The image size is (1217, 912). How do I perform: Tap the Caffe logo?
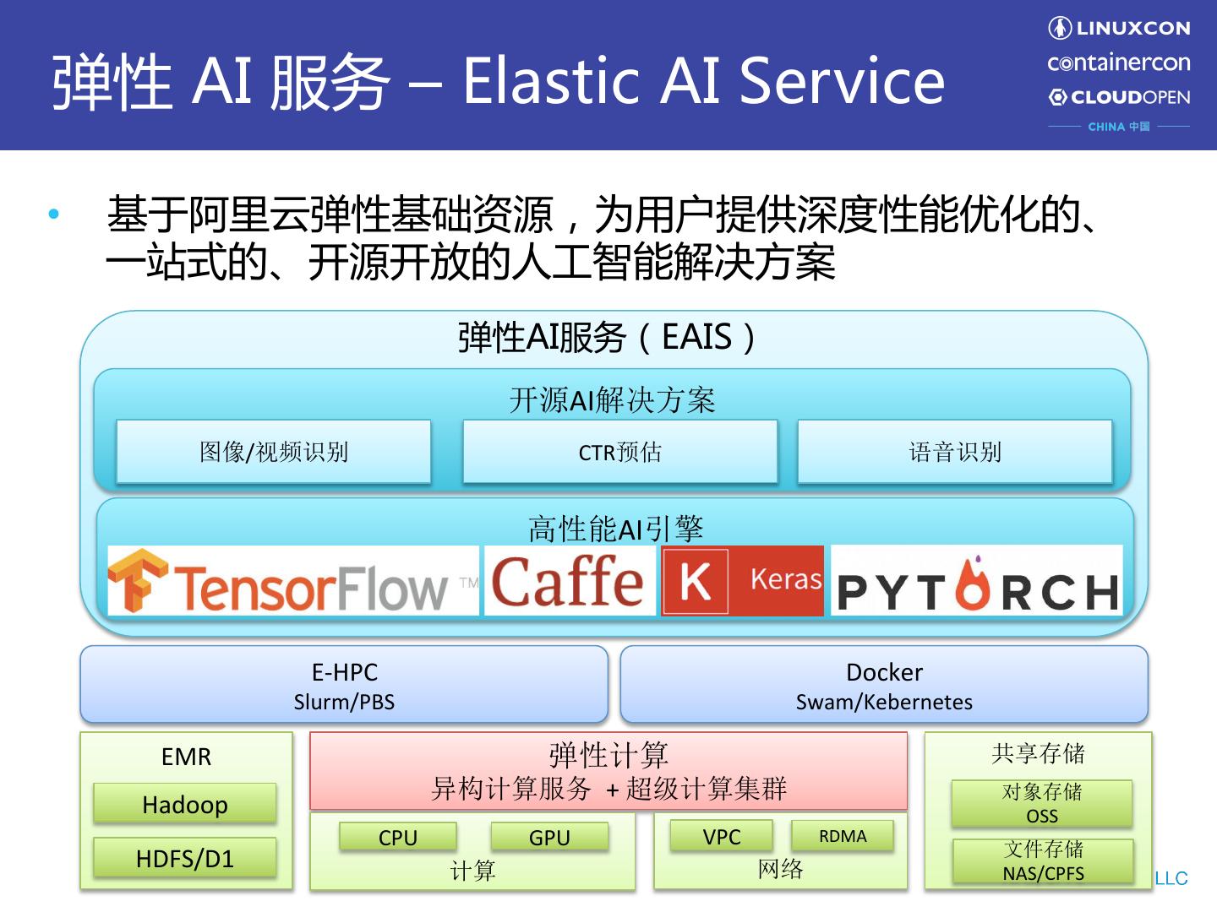pos(568,581)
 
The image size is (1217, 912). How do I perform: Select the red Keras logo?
pos(742,581)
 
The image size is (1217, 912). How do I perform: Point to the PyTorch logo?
pos(977,581)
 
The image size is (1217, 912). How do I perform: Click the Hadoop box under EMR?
pos(185,804)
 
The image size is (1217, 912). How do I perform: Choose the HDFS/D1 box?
pos(185,858)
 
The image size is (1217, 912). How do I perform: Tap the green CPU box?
pos(398,837)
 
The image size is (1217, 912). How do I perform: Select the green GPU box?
pos(549,837)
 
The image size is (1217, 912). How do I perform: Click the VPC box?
pos(722,836)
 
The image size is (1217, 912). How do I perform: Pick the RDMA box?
pos(843,836)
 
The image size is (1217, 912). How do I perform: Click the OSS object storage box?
pos(1042,804)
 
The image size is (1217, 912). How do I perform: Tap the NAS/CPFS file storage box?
pos(1043,861)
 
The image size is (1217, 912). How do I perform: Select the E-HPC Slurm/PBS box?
pos(344,685)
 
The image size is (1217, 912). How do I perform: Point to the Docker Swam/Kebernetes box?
pos(884,685)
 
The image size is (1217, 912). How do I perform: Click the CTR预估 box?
pos(620,452)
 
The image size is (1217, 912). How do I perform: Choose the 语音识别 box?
pos(955,452)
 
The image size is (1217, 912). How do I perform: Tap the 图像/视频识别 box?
pos(274,452)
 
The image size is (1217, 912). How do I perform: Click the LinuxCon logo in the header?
pos(1119,28)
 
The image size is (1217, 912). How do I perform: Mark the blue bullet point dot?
pos(54,214)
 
